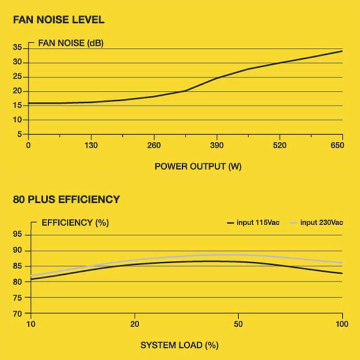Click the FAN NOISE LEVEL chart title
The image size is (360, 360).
[59, 19]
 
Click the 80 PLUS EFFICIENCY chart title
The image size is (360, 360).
[66, 199]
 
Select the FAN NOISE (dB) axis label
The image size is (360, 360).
[71, 44]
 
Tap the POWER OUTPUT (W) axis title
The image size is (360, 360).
[198, 166]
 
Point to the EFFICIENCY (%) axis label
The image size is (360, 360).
[75, 222]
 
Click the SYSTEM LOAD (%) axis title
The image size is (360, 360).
[179, 345]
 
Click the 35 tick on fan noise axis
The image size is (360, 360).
[18, 48]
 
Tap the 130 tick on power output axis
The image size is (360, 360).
[91, 145]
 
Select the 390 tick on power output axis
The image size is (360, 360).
[217, 145]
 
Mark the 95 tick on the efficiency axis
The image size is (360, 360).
[18, 235]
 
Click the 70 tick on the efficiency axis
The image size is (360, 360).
[18, 314]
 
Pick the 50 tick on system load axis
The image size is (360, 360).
[238, 324]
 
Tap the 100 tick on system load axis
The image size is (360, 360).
[342, 324]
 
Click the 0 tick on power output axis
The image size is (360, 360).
[28, 145]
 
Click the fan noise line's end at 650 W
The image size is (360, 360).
[342, 51]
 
